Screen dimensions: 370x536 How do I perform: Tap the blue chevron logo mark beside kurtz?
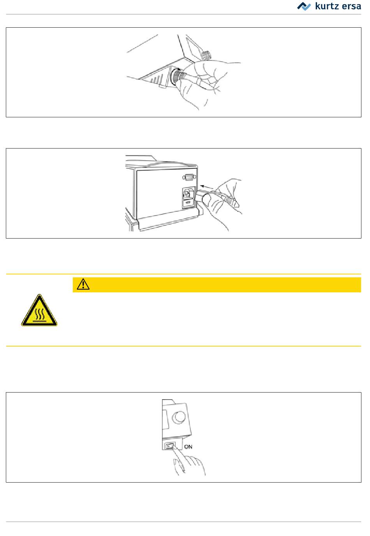point(304,6)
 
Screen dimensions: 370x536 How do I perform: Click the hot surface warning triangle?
point(39,310)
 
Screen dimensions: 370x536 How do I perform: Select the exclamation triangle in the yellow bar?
point(83,284)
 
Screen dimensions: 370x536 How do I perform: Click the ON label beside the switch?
point(188,446)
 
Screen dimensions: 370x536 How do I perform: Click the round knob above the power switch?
point(179,417)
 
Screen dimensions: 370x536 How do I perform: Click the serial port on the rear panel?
point(189,177)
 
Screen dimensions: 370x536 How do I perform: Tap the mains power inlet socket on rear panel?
point(188,193)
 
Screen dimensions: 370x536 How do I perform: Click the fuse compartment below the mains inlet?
point(188,203)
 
